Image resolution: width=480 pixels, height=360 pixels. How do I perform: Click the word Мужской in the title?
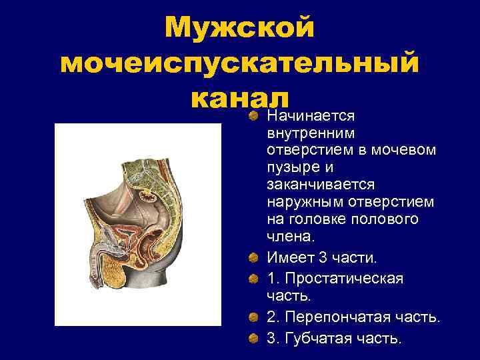coord(239,29)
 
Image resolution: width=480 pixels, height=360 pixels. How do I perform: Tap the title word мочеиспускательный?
coord(239,65)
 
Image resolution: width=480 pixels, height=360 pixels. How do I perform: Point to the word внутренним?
coord(302,133)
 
